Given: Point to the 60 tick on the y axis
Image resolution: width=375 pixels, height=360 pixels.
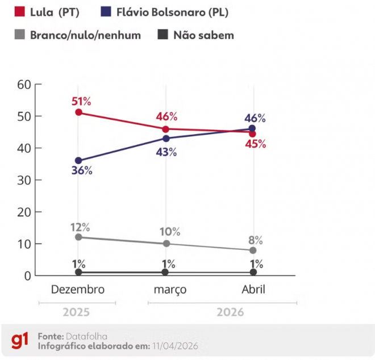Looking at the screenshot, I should click(x=23, y=85).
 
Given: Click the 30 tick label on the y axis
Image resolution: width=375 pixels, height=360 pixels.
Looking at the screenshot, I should click(x=23, y=180).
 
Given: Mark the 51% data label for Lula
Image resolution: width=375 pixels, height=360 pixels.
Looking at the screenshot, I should click(x=81, y=102).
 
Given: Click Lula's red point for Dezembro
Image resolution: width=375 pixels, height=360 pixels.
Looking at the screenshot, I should click(x=78, y=112).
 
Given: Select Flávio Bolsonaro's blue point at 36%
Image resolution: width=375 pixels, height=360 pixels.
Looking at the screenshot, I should click(x=78, y=161).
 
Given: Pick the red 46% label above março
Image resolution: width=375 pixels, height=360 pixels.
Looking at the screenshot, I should click(x=166, y=117).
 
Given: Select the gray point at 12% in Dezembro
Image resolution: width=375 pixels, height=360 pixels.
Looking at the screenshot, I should click(x=78, y=237).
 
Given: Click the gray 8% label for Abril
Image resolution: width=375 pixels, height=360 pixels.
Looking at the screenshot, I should click(x=256, y=240).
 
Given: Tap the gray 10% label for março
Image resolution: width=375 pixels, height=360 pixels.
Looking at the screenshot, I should click(x=169, y=232).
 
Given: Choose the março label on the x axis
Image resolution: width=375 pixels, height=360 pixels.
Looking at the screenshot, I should click(x=170, y=290).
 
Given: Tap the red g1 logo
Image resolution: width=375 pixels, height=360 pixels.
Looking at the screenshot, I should click(x=19, y=341).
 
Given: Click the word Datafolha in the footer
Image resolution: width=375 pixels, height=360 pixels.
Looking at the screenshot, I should click(x=86, y=336).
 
